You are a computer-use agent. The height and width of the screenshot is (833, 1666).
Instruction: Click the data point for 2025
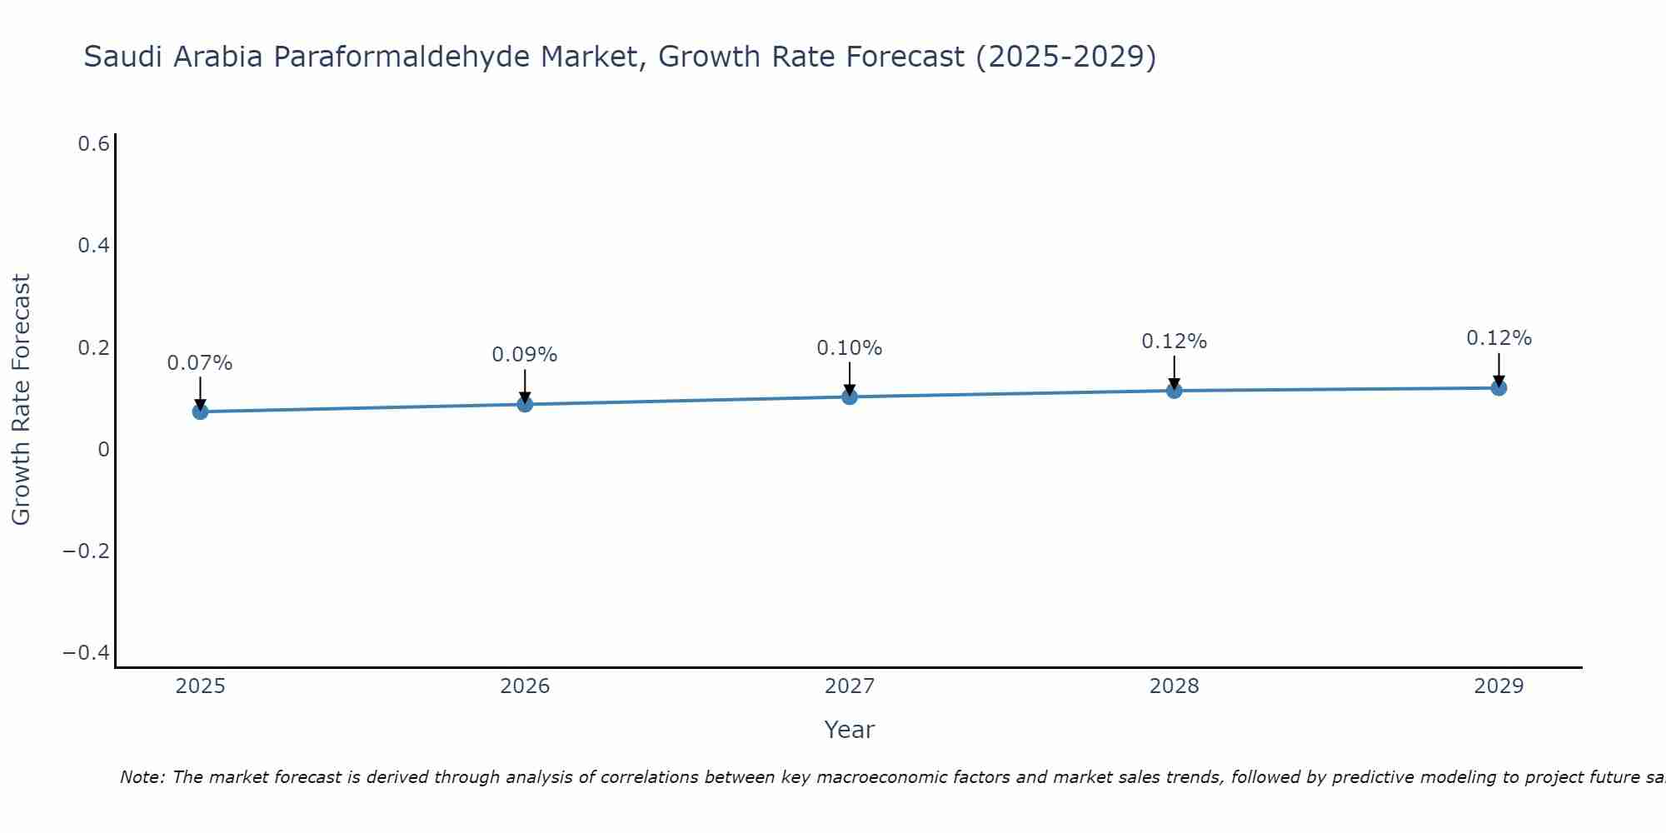coord(200,412)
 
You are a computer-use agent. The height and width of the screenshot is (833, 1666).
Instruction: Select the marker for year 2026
coord(525,404)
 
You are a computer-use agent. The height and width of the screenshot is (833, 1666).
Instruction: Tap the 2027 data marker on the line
coord(850,397)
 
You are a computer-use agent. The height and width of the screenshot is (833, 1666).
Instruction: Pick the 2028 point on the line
coord(1174,390)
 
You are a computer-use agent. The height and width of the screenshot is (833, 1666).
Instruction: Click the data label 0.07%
coord(200,363)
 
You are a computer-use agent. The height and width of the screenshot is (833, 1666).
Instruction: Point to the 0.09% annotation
coord(525,355)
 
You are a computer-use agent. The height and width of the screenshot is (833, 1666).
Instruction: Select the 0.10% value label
coord(850,348)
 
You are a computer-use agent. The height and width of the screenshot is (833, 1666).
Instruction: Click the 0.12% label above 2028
coord(1174,342)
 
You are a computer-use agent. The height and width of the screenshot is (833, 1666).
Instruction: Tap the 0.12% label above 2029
coord(1499,338)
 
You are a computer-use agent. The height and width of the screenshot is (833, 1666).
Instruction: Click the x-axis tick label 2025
coord(201,686)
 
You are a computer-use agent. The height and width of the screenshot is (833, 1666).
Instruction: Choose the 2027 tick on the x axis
coord(850,686)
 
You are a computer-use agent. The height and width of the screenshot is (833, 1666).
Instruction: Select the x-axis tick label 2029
coord(1499,686)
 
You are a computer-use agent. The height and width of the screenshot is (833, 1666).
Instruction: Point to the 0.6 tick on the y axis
coord(94,144)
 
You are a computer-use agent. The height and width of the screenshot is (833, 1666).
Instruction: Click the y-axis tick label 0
coord(103,450)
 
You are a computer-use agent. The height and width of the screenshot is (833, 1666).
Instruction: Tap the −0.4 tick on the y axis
coord(87,652)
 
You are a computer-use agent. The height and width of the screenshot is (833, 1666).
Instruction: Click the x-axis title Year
coord(849,730)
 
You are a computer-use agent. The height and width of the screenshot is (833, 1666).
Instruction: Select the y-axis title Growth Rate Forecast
coord(21,400)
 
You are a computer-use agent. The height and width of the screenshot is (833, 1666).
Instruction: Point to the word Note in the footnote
coord(142,777)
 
